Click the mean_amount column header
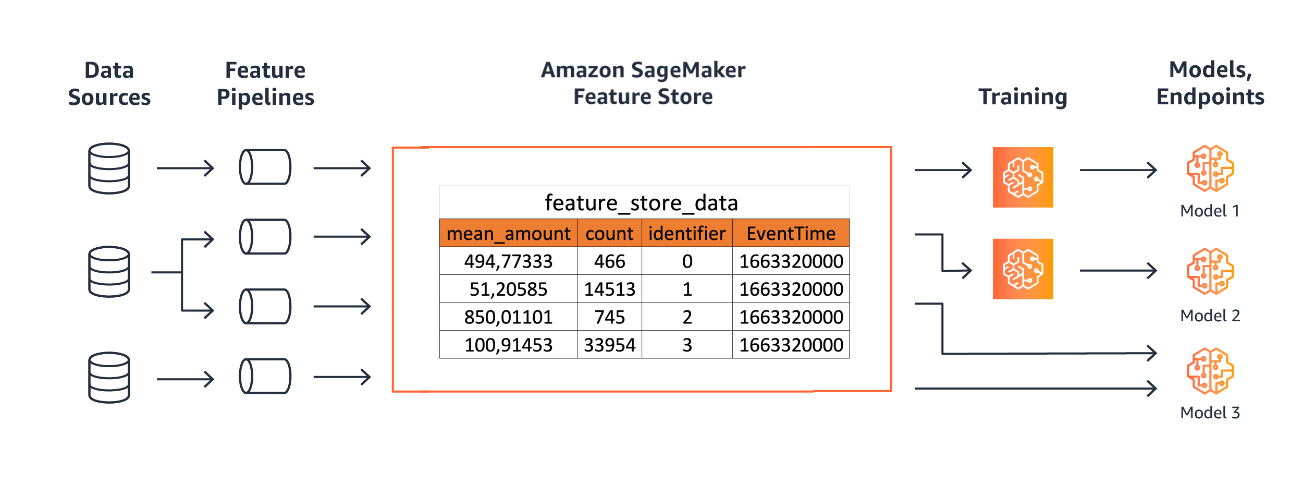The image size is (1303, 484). (508, 234)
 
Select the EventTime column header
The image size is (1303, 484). (791, 234)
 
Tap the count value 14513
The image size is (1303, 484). (609, 289)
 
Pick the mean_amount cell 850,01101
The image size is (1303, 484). (508, 317)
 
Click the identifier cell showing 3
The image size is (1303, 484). (687, 345)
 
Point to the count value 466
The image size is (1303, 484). (609, 261)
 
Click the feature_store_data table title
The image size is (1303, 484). (641, 203)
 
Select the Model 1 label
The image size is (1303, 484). (1209, 211)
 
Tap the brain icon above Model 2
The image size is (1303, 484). (1210, 271)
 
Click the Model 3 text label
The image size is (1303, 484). (1210, 413)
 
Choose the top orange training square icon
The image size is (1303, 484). (1023, 177)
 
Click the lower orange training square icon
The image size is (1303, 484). (1023, 269)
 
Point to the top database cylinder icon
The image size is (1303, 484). (109, 168)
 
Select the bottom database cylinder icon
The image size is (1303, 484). (109, 377)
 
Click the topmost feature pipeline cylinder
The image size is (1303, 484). (265, 167)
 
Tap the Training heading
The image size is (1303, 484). (1023, 97)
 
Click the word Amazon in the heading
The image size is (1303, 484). (582, 70)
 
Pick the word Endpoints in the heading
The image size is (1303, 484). (1210, 97)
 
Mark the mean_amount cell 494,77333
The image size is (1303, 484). (508, 261)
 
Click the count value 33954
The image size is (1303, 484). (609, 345)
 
